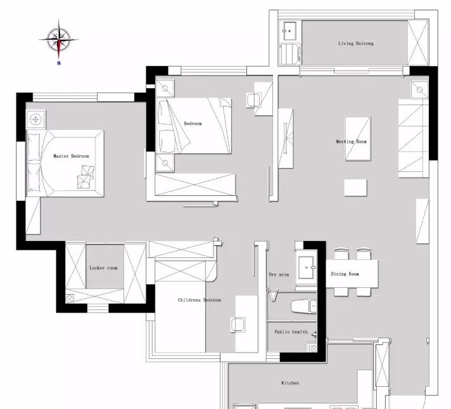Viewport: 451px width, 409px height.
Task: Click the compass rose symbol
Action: click(59, 39)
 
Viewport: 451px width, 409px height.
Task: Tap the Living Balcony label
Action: click(356, 43)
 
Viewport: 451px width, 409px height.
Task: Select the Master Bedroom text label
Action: click(71, 156)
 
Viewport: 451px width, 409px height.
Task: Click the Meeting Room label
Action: click(351, 141)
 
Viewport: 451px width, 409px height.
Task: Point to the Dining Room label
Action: click(345, 274)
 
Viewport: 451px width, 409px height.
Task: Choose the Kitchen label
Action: click(290, 383)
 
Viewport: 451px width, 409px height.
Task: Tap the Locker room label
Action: click(103, 268)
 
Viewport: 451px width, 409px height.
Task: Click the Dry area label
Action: click(279, 275)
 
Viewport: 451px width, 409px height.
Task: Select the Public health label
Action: click(291, 332)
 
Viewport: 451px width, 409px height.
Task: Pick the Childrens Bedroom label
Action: click(200, 300)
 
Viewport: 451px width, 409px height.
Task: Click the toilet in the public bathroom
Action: click(303, 307)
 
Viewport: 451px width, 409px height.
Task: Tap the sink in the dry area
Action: click(307, 268)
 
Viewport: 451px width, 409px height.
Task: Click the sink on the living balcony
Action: click(289, 31)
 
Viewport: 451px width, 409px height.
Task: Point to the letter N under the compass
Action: click(59, 63)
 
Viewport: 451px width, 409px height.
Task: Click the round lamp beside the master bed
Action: click(35, 119)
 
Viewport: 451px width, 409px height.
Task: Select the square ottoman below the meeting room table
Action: click(355, 188)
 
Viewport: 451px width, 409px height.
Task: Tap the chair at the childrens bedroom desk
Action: click(238, 325)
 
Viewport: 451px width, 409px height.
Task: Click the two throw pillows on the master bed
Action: click(86, 177)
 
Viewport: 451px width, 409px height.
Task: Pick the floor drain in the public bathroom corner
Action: click(314, 349)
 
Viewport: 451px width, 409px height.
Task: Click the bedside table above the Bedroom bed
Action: click(165, 88)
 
